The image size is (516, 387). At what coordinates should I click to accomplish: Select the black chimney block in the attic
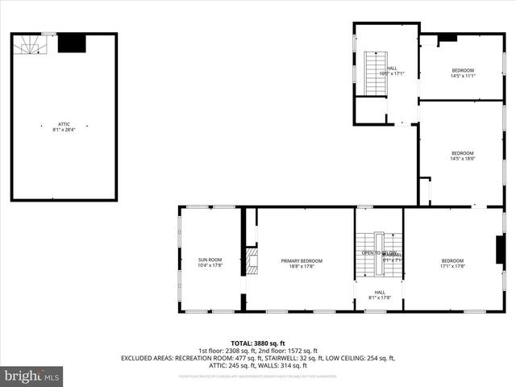[72, 43]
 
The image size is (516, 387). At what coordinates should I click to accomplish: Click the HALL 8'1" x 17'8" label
[379, 295]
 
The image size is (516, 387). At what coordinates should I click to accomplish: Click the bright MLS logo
[32, 376]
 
